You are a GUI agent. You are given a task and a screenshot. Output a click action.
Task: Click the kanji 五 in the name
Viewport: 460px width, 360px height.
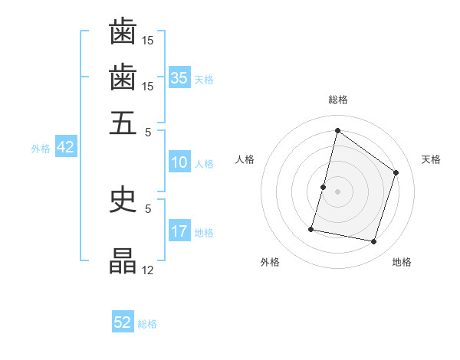point(123,122)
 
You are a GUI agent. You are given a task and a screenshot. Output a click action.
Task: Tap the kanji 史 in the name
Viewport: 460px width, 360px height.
point(123,200)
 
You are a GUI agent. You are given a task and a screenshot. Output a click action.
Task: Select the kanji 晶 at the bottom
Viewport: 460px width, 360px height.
point(123,262)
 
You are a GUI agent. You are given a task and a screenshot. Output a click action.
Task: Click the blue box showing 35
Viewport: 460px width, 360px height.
point(179,77)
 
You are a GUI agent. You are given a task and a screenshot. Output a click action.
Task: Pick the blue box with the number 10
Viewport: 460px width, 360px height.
point(179,162)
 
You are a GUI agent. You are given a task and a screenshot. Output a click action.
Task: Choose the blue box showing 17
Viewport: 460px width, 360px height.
point(179,231)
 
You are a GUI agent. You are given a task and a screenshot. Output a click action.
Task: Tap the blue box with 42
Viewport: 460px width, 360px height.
point(65,147)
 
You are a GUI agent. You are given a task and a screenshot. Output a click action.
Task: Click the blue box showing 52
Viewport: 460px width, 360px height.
point(123,322)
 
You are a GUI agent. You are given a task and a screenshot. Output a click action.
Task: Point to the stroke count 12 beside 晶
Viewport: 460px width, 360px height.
point(148,270)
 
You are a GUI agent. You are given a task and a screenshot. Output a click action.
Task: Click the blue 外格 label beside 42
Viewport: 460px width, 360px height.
point(41,149)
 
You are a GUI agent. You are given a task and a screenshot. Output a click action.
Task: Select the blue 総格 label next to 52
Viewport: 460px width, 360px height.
point(147,324)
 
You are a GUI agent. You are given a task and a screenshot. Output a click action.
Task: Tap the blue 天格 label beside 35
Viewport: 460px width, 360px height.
point(204,79)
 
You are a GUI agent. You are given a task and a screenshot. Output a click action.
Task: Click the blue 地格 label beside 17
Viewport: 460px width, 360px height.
point(204,233)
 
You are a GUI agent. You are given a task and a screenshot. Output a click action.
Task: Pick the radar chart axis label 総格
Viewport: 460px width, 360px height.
point(337,100)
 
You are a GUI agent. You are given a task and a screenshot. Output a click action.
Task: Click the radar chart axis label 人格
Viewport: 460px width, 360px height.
point(245,159)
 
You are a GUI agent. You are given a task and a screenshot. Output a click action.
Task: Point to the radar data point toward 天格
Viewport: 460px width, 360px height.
point(396,172)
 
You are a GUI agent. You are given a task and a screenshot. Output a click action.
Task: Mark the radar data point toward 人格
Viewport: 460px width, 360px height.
point(323,187)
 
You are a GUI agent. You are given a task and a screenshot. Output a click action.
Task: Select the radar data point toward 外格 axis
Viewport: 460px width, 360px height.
point(311,229)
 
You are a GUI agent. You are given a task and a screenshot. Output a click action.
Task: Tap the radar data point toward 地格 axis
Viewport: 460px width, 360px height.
point(373,242)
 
